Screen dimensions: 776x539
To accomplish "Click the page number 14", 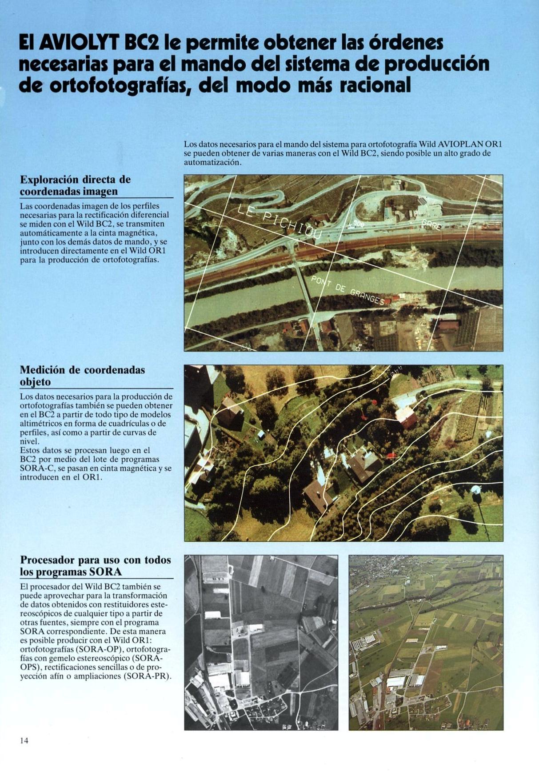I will click(x=24, y=740).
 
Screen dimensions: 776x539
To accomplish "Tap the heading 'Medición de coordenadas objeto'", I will click(x=83, y=376).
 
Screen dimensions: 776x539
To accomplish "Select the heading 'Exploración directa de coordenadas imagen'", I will click(x=76, y=186).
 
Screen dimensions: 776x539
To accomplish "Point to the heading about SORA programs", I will click(x=96, y=566).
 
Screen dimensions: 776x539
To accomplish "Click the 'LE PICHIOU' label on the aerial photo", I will click(x=280, y=222).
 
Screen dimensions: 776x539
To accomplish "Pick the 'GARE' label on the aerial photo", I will click(x=431, y=224).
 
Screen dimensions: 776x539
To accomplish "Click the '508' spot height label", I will click(x=357, y=225).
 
